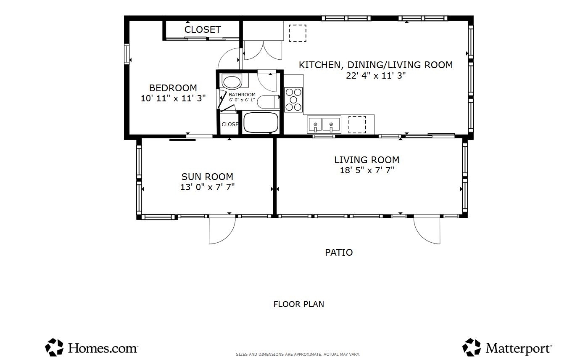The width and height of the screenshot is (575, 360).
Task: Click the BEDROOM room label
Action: point(173,88)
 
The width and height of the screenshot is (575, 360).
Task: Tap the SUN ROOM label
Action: point(207,177)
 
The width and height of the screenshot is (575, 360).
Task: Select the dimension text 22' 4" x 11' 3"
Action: point(376,76)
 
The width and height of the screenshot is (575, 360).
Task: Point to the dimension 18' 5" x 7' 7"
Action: point(367,170)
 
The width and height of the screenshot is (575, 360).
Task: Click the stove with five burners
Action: point(293,100)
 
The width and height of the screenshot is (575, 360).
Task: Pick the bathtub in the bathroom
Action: point(261,122)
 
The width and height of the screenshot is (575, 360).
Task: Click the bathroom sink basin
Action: point(232,82)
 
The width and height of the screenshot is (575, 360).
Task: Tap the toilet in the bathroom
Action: point(269,102)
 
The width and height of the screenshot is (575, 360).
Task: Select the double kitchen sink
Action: point(324,124)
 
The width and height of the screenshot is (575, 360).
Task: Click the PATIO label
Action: point(339,252)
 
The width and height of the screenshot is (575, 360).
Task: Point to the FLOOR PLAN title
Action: point(298,304)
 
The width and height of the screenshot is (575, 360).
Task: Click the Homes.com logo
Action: point(91,347)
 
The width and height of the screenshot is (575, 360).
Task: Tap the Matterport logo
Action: point(507,347)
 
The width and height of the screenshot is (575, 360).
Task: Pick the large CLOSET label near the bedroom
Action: point(203,29)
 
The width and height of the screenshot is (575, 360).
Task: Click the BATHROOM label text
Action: point(242,95)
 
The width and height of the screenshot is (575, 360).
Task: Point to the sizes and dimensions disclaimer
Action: point(298,355)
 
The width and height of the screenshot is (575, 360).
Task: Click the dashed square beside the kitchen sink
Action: point(357,124)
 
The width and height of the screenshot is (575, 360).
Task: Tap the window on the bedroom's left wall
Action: point(127,54)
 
